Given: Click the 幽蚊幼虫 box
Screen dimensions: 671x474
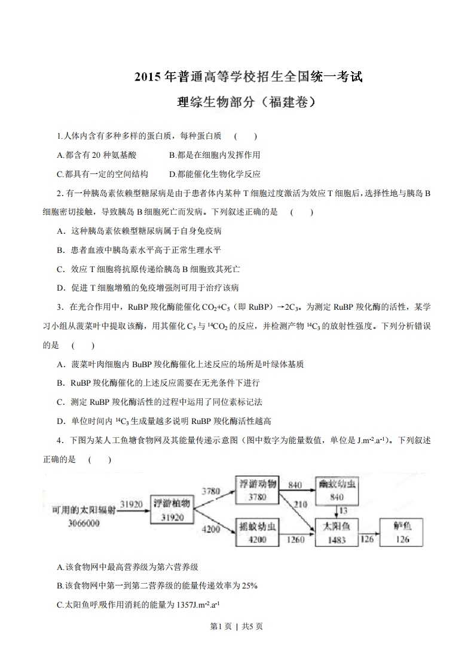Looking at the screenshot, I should pos(336,490).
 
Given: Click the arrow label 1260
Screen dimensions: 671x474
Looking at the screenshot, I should pos(295,540).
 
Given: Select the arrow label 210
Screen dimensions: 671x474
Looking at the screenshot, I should pos(301,504).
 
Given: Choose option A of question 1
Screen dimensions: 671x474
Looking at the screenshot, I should pos(96,155).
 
